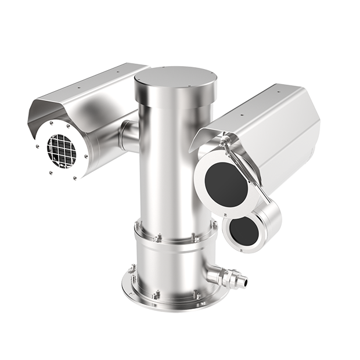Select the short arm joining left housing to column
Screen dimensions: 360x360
click(x=129, y=135)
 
